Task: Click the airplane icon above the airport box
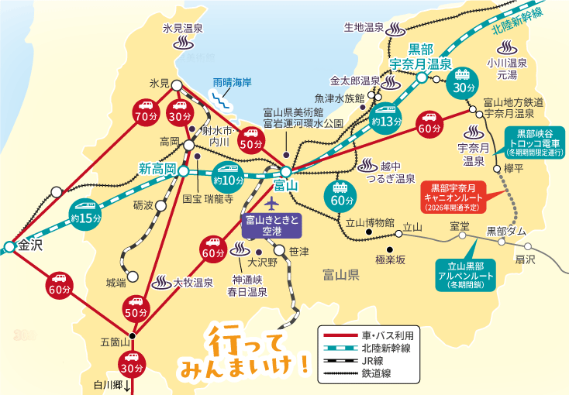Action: (x=271, y=203)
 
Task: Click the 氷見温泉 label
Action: (x=183, y=28)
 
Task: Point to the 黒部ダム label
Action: (x=506, y=231)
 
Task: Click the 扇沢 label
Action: (x=525, y=259)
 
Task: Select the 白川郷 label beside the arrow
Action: (x=108, y=384)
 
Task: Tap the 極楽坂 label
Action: (x=390, y=259)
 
